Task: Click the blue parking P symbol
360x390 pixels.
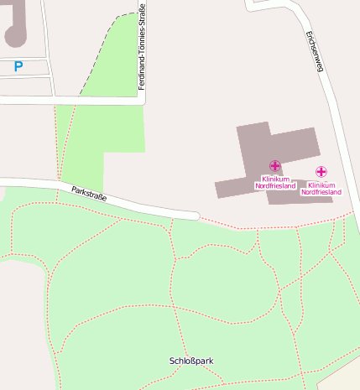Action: click(x=18, y=65)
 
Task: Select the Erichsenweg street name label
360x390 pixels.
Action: click(x=315, y=52)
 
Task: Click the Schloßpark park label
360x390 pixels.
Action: click(x=191, y=361)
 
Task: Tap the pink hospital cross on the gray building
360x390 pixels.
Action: click(x=275, y=166)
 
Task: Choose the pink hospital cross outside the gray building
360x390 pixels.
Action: click(x=321, y=172)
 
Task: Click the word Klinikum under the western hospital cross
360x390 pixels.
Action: click(x=275, y=179)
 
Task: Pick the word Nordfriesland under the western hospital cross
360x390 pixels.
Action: click(x=275, y=185)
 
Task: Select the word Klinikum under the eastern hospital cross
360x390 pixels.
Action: click(x=321, y=185)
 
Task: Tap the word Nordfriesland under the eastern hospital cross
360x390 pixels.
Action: click(x=321, y=192)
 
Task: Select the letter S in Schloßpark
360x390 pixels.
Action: click(x=172, y=361)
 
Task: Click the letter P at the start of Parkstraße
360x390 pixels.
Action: click(x=74, y=190)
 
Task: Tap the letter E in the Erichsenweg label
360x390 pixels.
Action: click(x=310, y=34)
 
